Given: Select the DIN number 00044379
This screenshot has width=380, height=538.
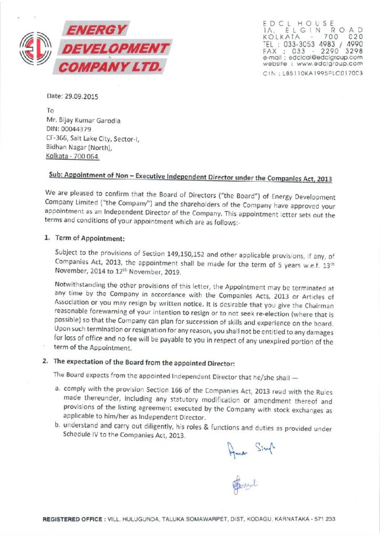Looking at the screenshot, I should [x=75, y=129].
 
